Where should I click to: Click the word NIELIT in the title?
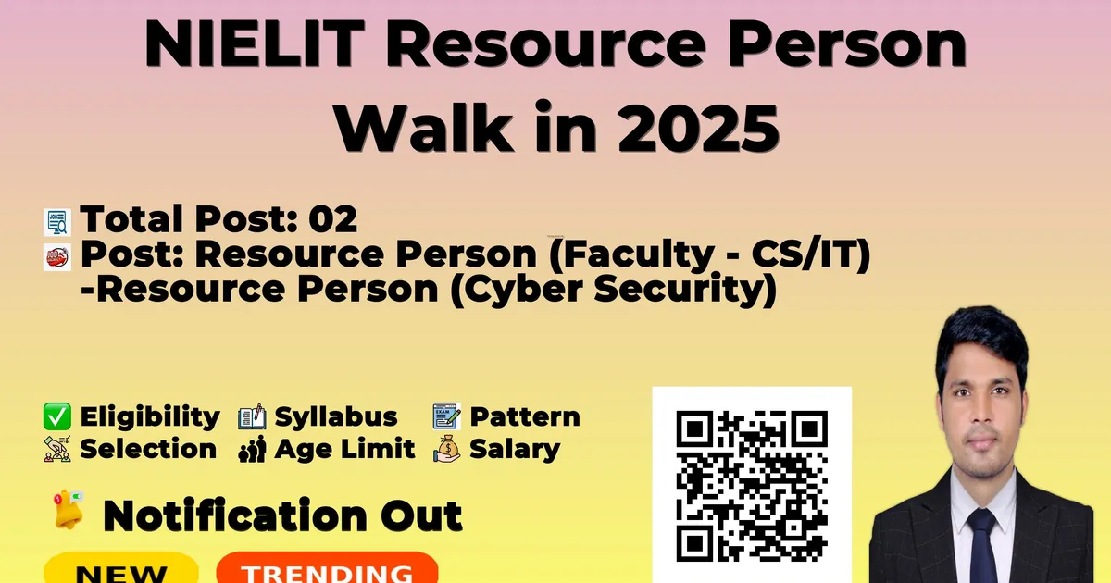[x=255, y=43]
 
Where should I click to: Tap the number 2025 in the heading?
[x=698, y=128]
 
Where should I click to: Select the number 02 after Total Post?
[x=332, y=218]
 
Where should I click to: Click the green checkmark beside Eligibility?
[x=57, y=416]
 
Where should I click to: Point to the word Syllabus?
[x=336, y=416]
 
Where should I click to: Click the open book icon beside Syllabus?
[x=252, y=416]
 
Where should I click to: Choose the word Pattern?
[x=525, y=416]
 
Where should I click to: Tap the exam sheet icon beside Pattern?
[x=446, y=416]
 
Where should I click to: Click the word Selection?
[x=148, y=449]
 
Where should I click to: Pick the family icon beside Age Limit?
[x=252, y=449]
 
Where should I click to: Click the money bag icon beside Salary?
[x=446, y=449]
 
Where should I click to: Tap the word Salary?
[x=515, y=449]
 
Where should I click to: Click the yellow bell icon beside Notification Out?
[x=69, y=510]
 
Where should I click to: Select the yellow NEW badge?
[x=121, y=568]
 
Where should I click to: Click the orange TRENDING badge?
[x=328, y=568]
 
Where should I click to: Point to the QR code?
[x=752, y=486]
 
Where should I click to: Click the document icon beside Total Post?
[x=57, y=222]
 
